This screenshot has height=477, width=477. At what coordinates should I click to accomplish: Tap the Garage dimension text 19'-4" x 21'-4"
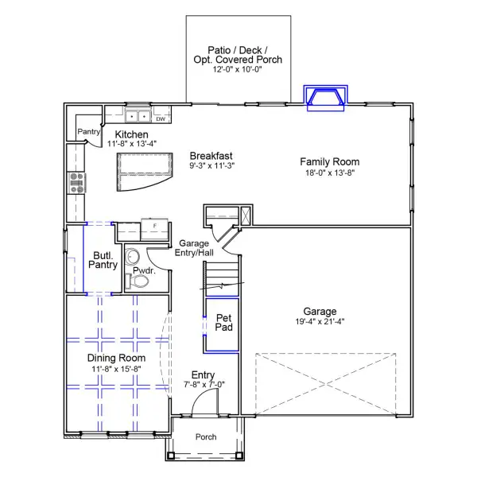319,322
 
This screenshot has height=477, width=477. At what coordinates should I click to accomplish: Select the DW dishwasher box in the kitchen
161,119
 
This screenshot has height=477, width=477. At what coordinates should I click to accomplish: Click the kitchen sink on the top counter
137,115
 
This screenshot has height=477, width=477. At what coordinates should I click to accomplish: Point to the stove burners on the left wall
78,183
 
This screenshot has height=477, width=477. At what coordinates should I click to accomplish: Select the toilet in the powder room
140,280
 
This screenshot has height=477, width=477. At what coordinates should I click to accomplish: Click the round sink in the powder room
132,257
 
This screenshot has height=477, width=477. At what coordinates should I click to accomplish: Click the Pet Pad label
224,323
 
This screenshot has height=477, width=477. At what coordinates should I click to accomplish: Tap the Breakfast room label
211,156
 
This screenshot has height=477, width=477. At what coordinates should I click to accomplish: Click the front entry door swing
204,405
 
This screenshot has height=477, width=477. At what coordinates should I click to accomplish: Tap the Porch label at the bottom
206,437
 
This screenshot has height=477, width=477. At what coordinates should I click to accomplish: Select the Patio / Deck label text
238,54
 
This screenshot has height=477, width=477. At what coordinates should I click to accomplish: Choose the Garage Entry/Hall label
195,248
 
